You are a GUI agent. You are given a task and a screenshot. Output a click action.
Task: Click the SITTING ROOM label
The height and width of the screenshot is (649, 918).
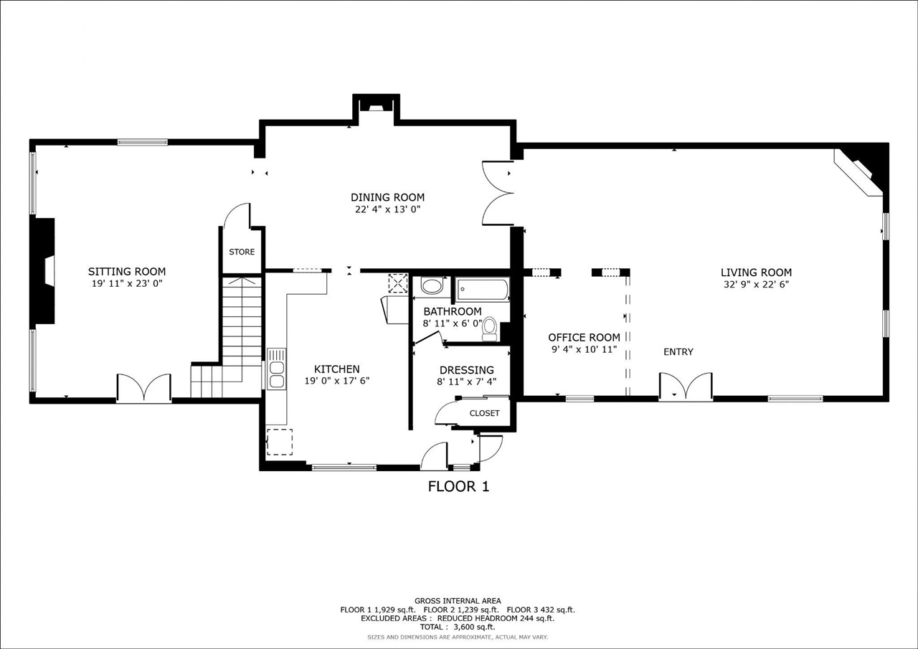click(x=127, y=272)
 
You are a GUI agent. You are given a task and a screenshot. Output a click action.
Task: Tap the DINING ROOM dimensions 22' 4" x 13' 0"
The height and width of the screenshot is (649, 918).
click(x=387, y=209)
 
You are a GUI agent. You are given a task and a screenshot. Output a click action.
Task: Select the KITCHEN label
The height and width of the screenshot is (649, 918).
click(x=336, y=369)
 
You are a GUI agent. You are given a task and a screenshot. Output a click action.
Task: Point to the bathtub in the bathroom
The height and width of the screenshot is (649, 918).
click(x=483, y=290)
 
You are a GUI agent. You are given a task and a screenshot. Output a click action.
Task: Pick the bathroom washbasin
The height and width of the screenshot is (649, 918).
click(x=432, y=287)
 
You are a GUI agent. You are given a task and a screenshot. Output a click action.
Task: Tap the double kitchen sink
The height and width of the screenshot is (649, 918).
click(x=276, y=369)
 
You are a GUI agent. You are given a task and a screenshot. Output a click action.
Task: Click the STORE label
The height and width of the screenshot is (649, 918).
click(x=242, y=252)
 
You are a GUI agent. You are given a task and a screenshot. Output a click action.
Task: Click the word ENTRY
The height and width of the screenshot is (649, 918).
click(x=678, y=351)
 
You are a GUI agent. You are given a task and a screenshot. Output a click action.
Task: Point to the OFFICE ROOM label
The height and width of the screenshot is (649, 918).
click(x=584, y=338)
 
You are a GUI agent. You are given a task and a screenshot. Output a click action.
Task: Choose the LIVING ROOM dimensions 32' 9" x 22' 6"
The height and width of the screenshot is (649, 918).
click(x=756, y=284)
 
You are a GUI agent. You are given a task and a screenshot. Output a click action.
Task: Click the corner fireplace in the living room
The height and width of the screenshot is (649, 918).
click(x=863, y=171)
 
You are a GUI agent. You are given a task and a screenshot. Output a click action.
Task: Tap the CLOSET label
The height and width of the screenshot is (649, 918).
click(x=484, y=413)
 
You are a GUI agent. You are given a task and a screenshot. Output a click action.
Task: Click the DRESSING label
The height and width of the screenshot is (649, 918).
click(x=466, y=370)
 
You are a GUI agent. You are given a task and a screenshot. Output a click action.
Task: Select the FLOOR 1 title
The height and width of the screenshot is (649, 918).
click(x=458, y=486)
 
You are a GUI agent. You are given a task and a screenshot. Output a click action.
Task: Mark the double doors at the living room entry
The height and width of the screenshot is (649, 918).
click(x=686, y=387)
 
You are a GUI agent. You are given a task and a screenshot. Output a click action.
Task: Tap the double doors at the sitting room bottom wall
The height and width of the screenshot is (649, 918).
click(x=144, y=388)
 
